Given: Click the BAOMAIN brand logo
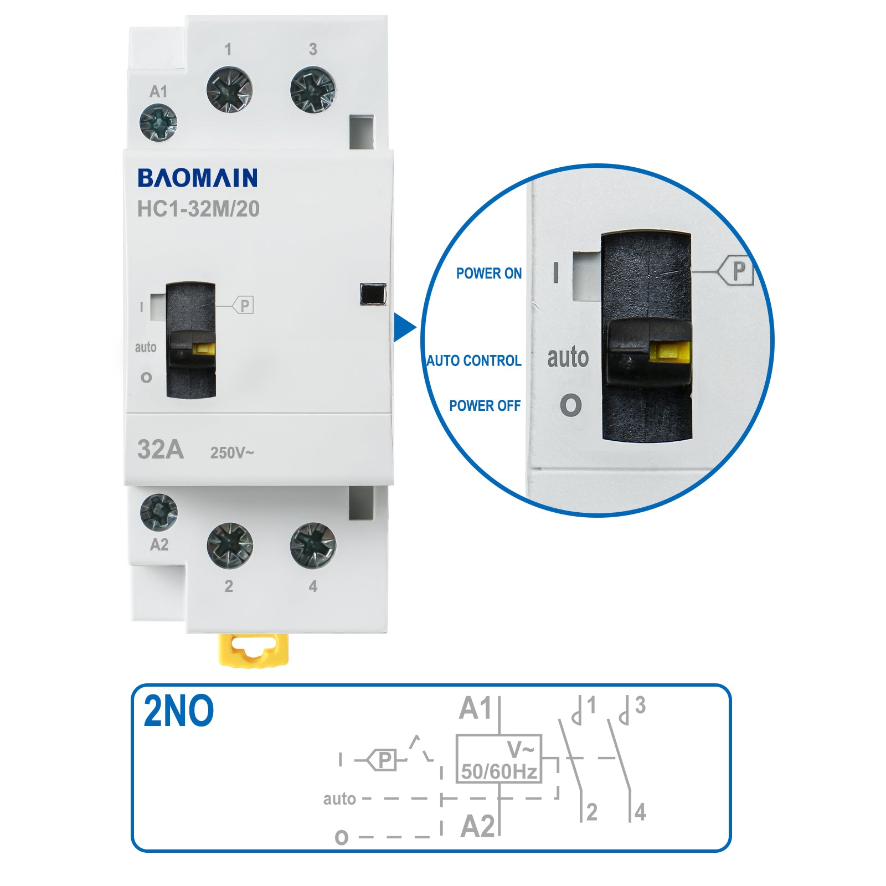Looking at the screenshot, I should [197, 178].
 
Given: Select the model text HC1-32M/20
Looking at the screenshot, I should [198, 209].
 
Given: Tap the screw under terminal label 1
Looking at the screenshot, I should [229, 89].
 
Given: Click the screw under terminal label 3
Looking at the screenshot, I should [313, 90].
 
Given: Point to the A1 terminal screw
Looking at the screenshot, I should [158, 122].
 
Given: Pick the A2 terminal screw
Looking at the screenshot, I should [159, 512].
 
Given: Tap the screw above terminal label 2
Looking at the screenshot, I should [230, 545].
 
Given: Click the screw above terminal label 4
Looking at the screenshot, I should [313, 545].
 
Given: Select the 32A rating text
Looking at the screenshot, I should [161, 450].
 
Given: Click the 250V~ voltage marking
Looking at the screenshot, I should [232, 453].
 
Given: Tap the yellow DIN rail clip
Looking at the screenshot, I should [254, 650].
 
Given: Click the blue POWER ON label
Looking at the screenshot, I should [488, 274].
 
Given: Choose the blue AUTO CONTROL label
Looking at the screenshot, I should [474, 361].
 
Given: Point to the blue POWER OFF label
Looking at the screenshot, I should [485, 406].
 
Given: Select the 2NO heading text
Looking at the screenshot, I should [178, 712].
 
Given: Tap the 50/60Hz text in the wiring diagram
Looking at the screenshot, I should [499, 771].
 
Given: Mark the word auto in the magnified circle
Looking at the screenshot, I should [568, 357].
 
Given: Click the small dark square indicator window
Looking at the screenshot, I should [373, 294].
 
